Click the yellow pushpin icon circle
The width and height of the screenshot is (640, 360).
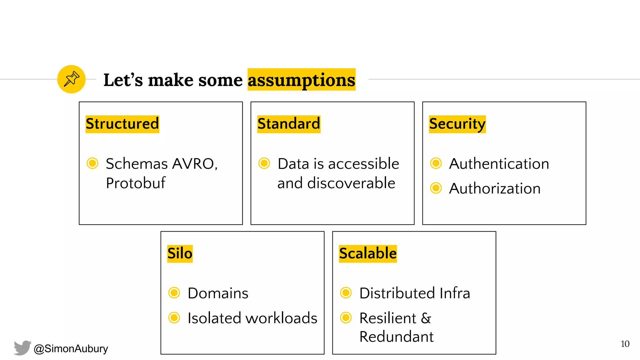(x=71, y=79)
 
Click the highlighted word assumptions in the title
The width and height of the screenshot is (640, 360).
(x=301, y=80)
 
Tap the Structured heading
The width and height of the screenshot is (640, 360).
(x=122, y=124)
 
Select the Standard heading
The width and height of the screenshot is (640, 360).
(x=288, y=124)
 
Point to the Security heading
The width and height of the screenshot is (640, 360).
(x=457, y=124)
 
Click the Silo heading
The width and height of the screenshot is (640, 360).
(x=180, y=253)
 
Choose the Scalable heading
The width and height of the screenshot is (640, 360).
(x=367, y=253)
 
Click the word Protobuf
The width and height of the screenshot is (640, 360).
(x=135, y=183)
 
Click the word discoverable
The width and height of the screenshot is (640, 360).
(x=351, y=183)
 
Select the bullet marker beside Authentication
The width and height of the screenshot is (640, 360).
(x=436, y=163)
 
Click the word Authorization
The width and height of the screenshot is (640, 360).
(x=495, y=189)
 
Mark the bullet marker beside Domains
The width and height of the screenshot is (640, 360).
(x=174, y=293)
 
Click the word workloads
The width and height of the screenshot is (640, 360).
(x=281, y=318)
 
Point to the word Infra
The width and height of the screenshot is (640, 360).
(x=454, y=293)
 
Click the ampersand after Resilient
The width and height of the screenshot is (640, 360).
(x=426, y=318)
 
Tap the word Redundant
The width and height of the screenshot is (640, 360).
(x=396, y=337)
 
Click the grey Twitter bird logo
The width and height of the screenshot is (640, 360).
(x=22, y=348)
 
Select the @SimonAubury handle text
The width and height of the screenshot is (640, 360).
(x=71, y=348)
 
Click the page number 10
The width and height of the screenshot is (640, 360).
(x=625, y=344)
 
